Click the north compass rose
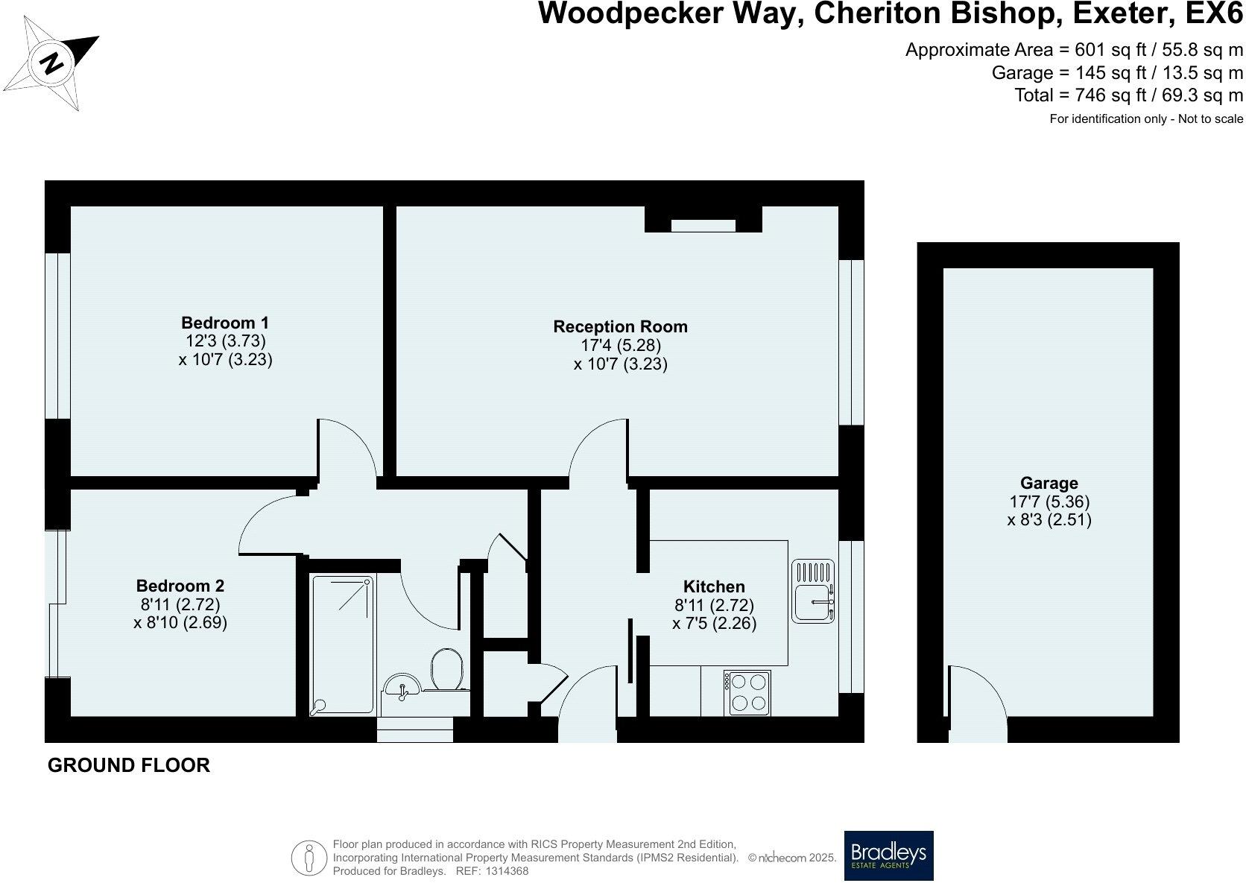pyautogui.click(x=52, y=63)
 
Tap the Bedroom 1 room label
pyautogui.click(x=225, y=323)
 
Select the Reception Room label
pyautogui.click(x=620, y=327)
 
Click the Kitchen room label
pyautogui.click(x=714, y=587)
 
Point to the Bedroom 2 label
pyautogui.click(x=180, y=586)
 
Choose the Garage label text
pyautogui.click(x=1049, y=484)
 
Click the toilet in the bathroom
pyautogui.click(x=447, y=668)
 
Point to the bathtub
pyautogui.click(x=341, y=644)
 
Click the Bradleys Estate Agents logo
pyautogui.click(x=888, y=855)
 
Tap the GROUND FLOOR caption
pyautogui.click(x=129, y=765)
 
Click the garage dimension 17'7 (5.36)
pyautogui.click(x=1049, y=502)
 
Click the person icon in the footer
pyautogui.click(x=309, y=858)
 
